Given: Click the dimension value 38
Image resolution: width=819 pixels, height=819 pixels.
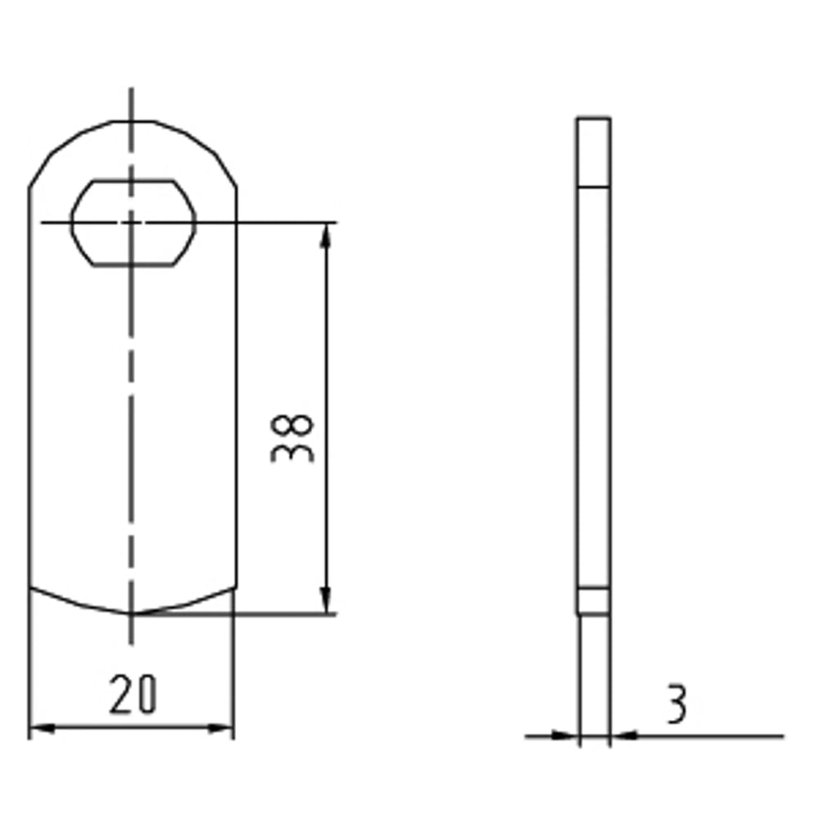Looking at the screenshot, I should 292,438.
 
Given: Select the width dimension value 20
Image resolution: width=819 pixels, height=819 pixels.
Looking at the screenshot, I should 133,695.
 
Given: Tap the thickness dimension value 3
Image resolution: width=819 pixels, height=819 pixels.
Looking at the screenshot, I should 675,705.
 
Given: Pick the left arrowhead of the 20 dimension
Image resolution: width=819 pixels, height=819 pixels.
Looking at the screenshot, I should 41,727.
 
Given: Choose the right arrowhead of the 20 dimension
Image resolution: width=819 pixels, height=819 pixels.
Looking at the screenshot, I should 222,727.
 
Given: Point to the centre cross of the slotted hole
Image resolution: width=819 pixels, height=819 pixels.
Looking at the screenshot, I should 131,222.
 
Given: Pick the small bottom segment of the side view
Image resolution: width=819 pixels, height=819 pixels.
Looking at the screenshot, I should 593,601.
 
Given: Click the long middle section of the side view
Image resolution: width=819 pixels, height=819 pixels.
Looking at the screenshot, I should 593,385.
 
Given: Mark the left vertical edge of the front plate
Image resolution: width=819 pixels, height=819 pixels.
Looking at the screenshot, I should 30,385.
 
